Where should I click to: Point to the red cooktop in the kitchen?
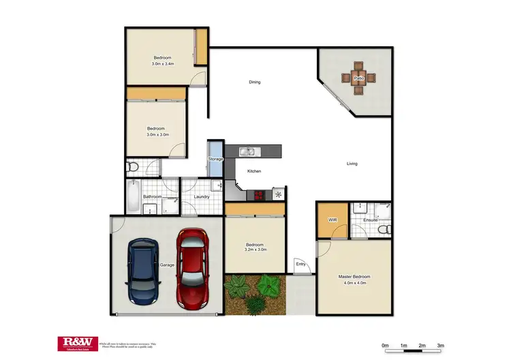[x=259, y=194]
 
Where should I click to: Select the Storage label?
[x=215, y=159]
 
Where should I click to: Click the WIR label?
[x=332, y=220]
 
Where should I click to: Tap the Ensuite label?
[x=371, y=220]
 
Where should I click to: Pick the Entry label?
[x=300, y=264]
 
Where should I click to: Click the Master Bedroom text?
[x=355, y=277]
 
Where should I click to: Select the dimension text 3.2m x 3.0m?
[x=255, y=250]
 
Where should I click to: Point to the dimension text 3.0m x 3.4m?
[x=162, y=64]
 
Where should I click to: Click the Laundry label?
[x=201, y=197]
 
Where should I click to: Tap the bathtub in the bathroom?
[x=132, y=197]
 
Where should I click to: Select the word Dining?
[x=254, y=82]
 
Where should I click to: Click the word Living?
[x=352, y=164]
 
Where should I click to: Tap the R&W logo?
[x=78, y=343]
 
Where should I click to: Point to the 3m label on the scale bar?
[x=441, y=345]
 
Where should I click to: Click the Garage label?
[x=167, y=265]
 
